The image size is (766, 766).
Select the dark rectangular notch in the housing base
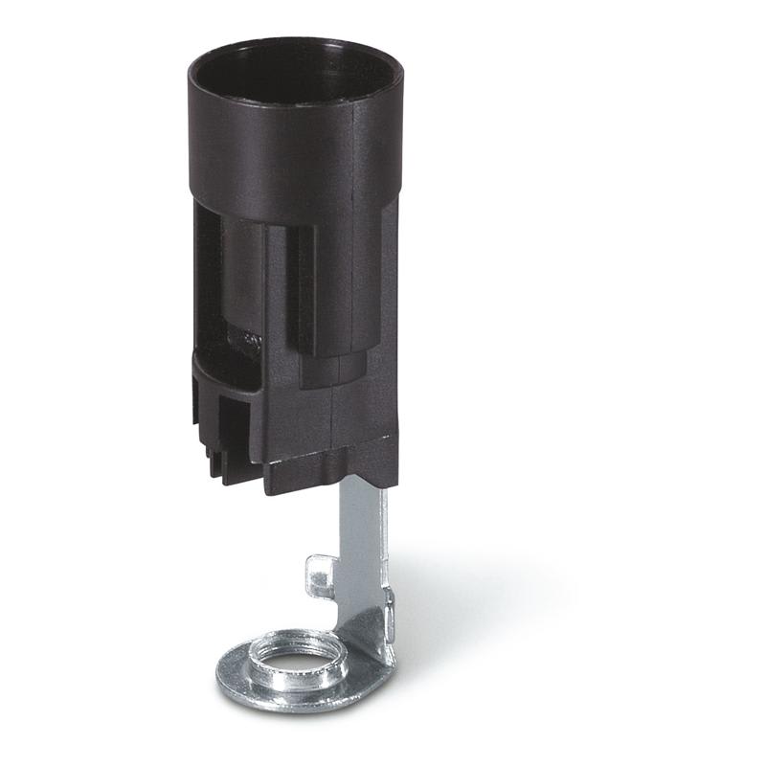tap(233, 421)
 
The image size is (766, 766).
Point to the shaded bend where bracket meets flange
tap(369, 632)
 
